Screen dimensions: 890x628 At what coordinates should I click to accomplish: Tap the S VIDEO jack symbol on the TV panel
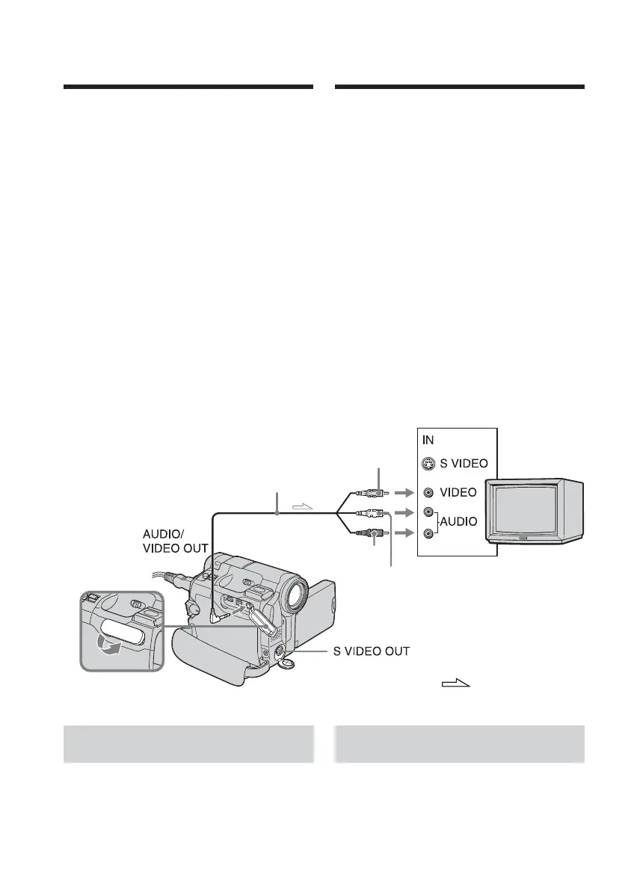click(427, 465)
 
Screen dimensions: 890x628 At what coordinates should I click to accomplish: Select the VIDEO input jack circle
click(427, 493)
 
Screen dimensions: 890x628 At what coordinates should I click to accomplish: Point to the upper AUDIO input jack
click(427, 513)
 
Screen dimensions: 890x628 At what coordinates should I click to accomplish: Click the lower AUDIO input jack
click(427, 533)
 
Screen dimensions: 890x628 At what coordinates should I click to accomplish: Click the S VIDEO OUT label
click(371, 651)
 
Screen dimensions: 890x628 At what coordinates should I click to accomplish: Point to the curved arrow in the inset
click(114, 644)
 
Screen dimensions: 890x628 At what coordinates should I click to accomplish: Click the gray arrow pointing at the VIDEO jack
click(402, 493)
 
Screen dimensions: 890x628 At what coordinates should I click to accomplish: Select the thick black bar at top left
click(188, 88)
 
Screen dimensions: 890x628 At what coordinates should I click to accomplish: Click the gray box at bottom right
click(459, 743)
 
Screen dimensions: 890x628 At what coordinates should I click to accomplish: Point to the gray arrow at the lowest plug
click(402, 533)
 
